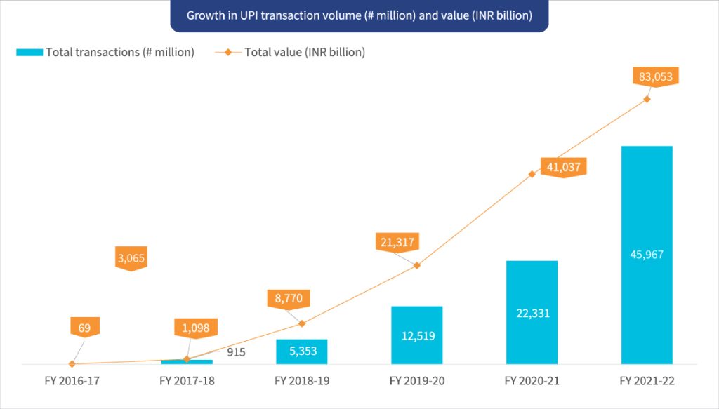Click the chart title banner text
(359, 15)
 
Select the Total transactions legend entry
(105, 53)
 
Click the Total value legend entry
(295, 53)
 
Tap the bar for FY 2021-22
(647, 255)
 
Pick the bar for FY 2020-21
(532, 312)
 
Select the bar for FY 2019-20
(417, 335)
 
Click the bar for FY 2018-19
(302, 351)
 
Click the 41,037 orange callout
(563, 167)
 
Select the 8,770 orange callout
(289, 298)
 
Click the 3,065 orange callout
(131, 257)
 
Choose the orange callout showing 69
(85, 327)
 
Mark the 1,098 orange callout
(196, 328)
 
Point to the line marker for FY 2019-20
(417, 265)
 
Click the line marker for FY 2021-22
(647, 99)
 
